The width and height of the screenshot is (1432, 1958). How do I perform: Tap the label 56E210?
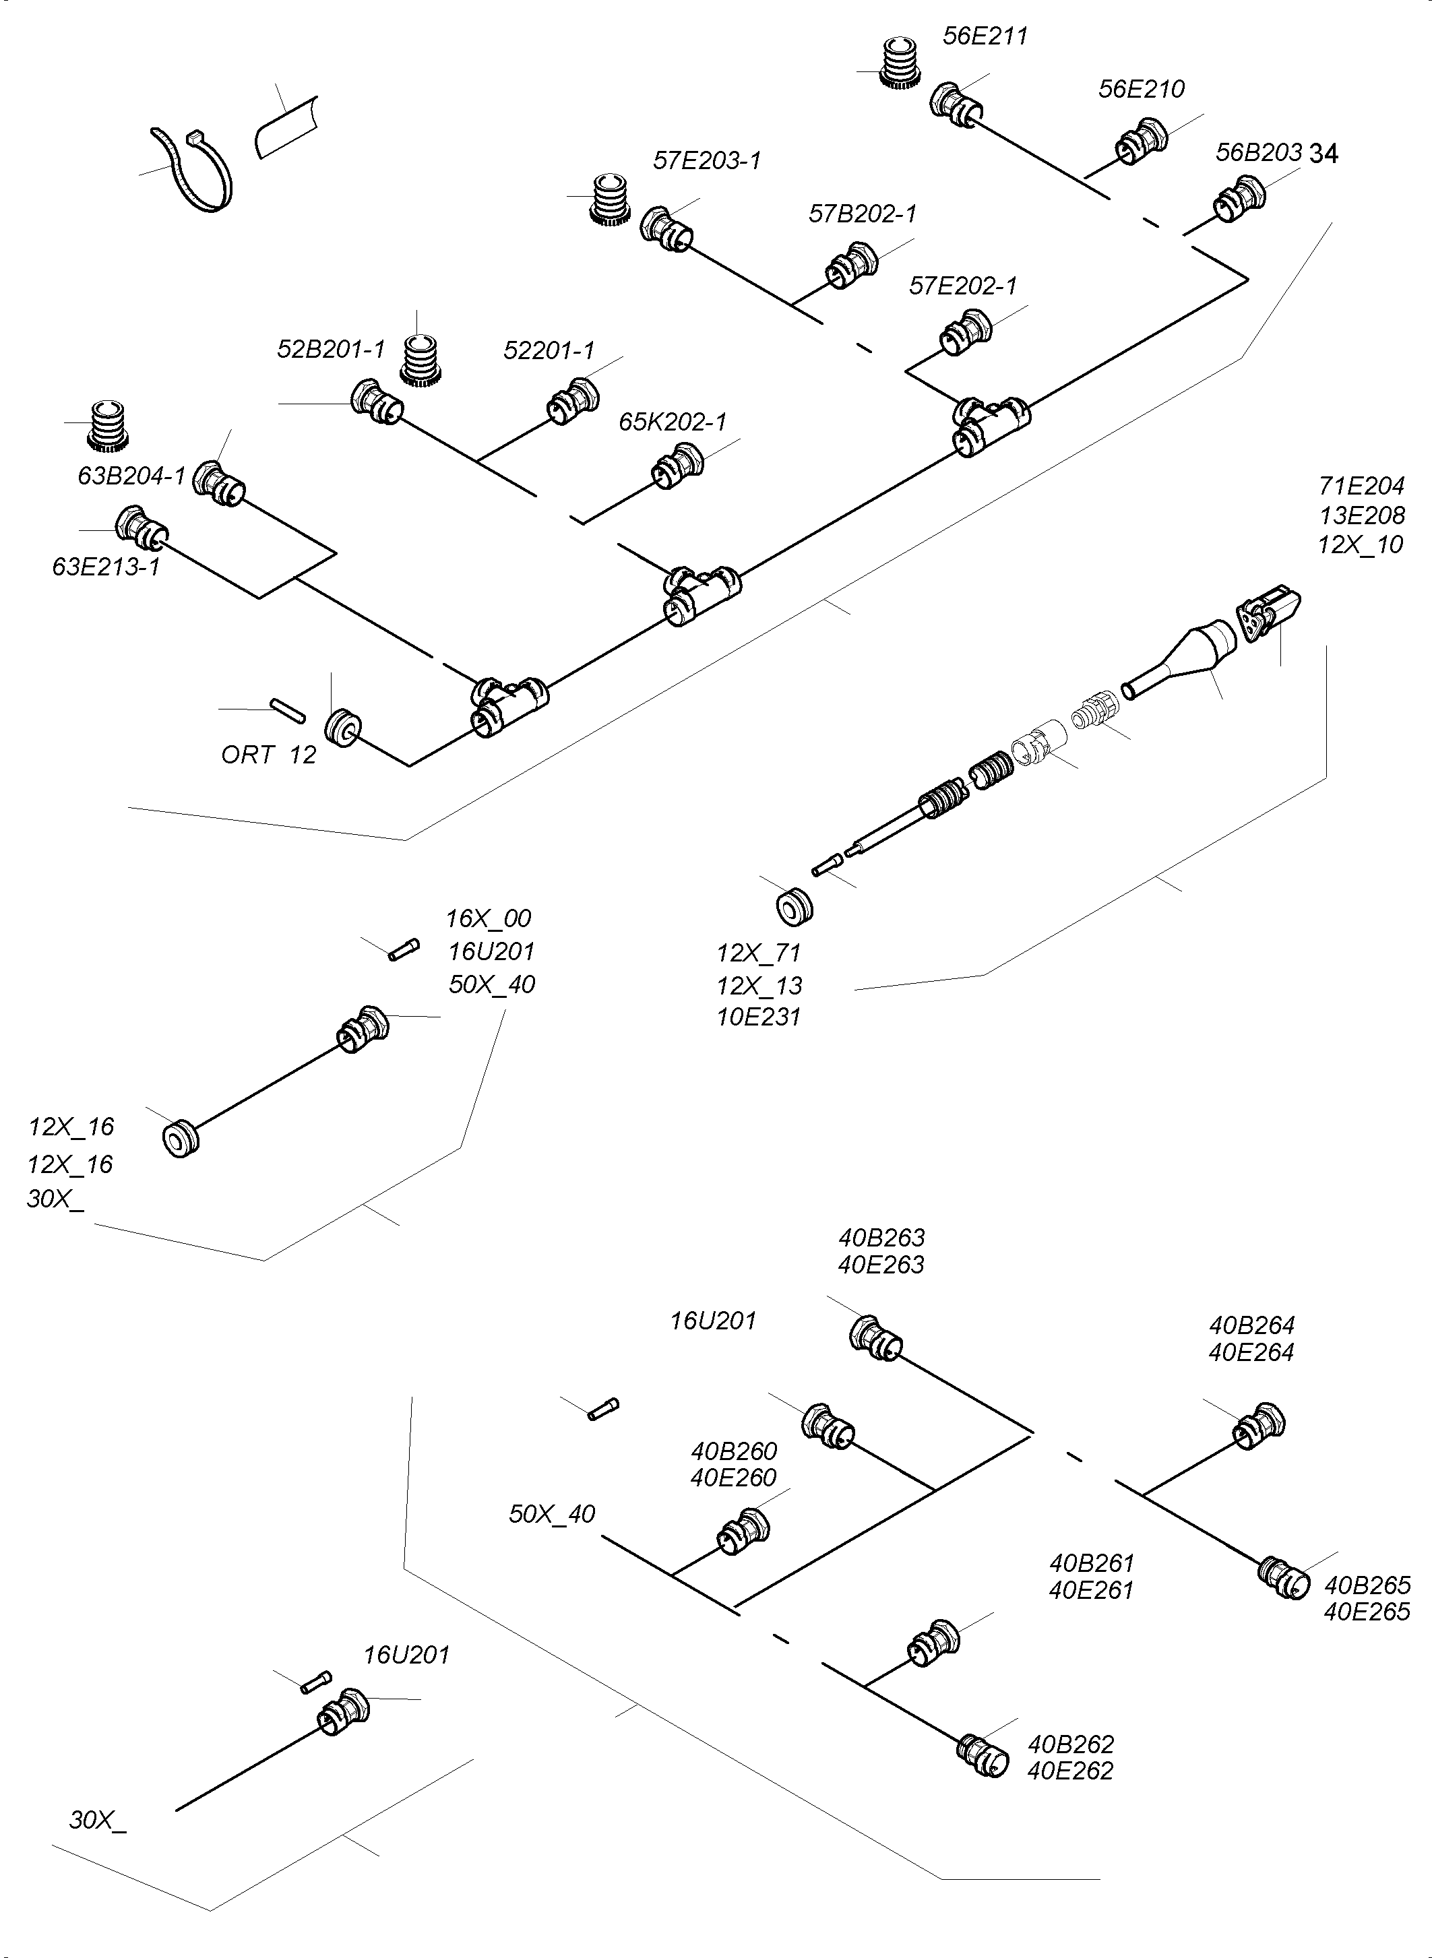pos(1141,90)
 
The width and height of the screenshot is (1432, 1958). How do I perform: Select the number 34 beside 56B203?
pos(1324,154)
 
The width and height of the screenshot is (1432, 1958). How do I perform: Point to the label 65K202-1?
pos(673,422)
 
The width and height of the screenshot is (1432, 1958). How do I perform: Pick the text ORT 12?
pos(269,755)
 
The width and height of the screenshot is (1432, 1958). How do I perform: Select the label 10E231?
pos(759,1017)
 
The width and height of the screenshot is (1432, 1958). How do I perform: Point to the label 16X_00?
pos(488,918)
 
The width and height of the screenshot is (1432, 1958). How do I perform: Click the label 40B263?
pos(881,1237)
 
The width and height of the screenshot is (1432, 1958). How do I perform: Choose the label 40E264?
pos(1251,1352)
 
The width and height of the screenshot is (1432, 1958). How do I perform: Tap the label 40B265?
pos(1367,1585)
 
